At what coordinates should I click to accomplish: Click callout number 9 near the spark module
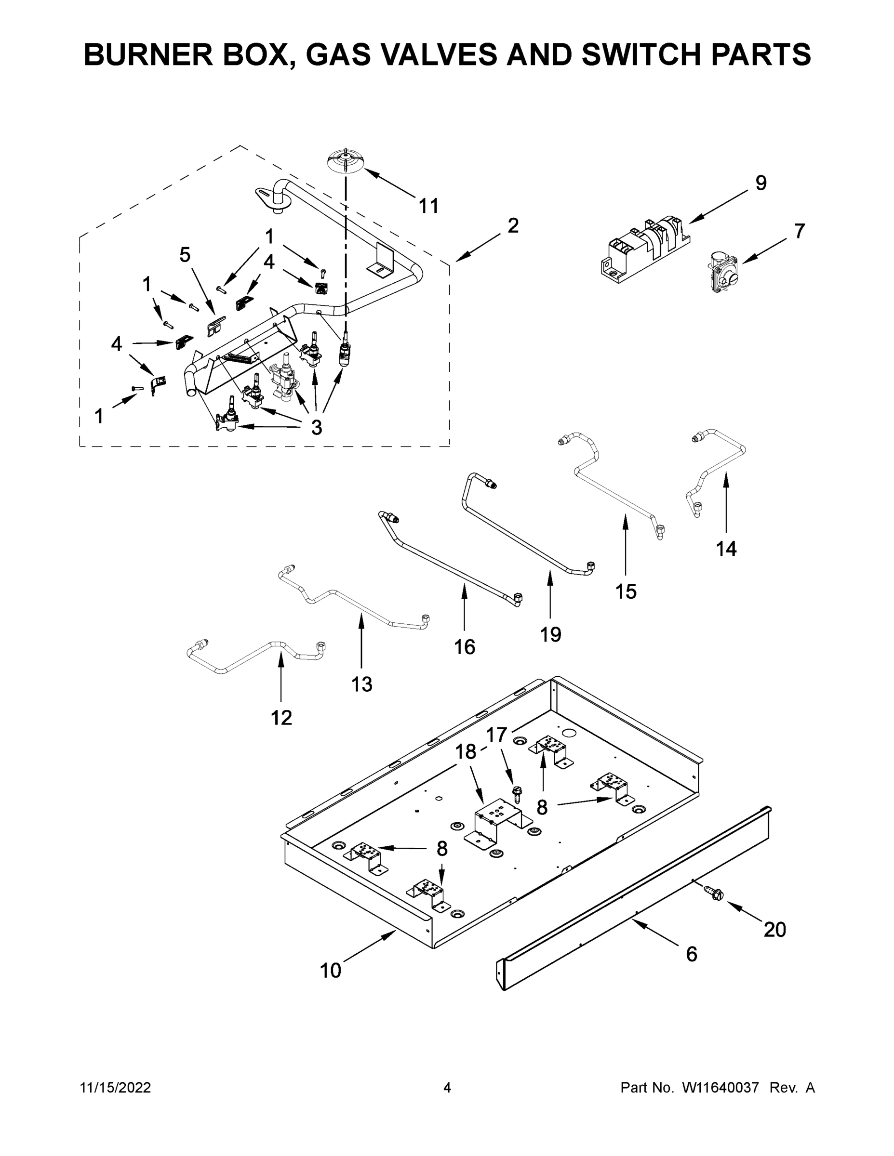click(x=761, y=183)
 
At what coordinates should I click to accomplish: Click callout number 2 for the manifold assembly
click(x=513, y=226)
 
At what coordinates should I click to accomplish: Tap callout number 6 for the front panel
click(x=691, y=954)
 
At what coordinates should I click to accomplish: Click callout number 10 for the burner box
click(x=331, y=971)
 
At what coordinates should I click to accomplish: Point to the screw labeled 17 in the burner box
click(x=516, y=794)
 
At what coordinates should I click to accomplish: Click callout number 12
click(x=281, y=718)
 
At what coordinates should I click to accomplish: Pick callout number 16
click(x=465, y=647)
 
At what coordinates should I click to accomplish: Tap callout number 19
click(x=550, y=633)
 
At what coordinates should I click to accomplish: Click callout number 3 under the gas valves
click(x=316, y=428)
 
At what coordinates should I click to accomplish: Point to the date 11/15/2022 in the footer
click(x=116, y=1088)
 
